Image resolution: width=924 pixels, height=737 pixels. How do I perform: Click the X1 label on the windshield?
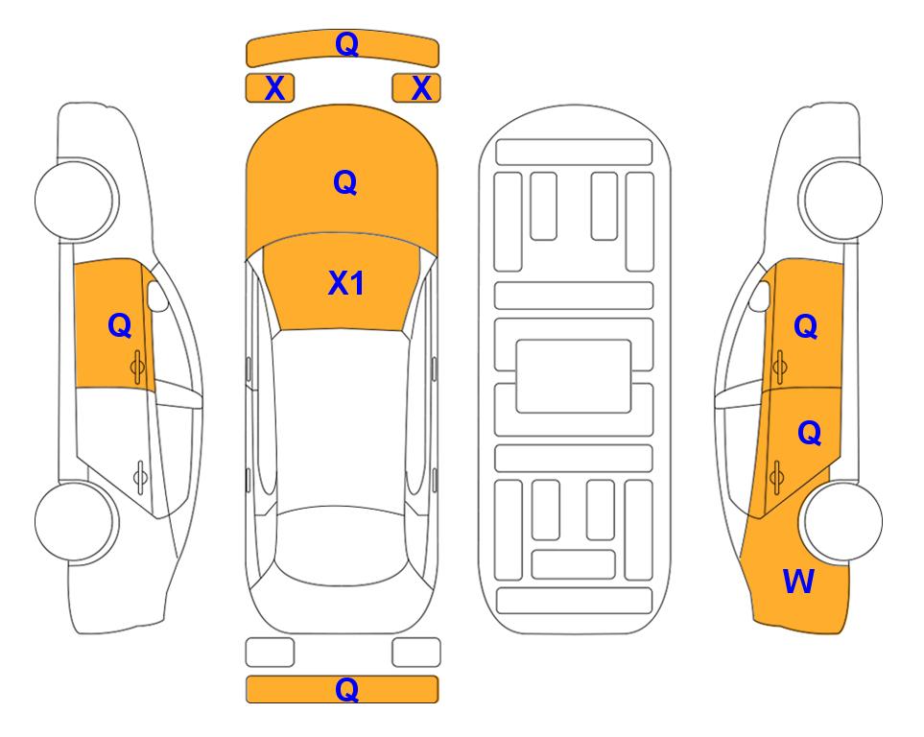(346, 283)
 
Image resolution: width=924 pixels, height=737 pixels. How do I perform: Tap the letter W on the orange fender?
(798, 582)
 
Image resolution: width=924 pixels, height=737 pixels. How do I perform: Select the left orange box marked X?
(270, 88)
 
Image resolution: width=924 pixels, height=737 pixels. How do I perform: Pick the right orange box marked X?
(416, 88)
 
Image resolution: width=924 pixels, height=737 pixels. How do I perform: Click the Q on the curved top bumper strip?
(346, 43)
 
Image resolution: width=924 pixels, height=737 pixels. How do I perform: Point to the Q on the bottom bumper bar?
(346, 689)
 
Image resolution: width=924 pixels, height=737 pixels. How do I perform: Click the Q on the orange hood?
(345, 182)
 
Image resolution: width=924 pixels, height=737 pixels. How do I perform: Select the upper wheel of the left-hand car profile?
(75, 200)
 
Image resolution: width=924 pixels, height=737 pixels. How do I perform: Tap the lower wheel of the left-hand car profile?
(75, 521)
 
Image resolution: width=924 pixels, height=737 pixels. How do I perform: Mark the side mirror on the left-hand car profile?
(156, 296)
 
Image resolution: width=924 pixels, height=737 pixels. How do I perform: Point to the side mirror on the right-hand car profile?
(760, 296)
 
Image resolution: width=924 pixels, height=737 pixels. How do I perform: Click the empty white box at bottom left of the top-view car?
(270, 653)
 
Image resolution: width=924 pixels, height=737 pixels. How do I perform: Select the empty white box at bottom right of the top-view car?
(416, 653)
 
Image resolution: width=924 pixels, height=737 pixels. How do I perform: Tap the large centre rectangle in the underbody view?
(574, 376)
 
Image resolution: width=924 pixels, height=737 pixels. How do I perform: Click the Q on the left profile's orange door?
(120, 325)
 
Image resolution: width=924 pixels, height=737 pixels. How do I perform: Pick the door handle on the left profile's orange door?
(137, 367)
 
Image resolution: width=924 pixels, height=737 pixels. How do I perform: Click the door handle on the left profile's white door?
(140, 476)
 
